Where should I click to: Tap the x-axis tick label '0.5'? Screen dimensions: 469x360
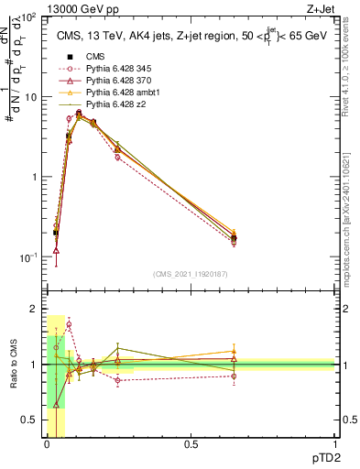[191, 445]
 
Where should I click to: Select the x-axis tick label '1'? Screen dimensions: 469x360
[334, 445]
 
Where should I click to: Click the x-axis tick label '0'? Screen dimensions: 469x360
[47, 445]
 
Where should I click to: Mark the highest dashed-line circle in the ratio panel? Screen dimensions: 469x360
[69, 324]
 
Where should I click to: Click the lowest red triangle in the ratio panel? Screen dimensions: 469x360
[57, 404]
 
